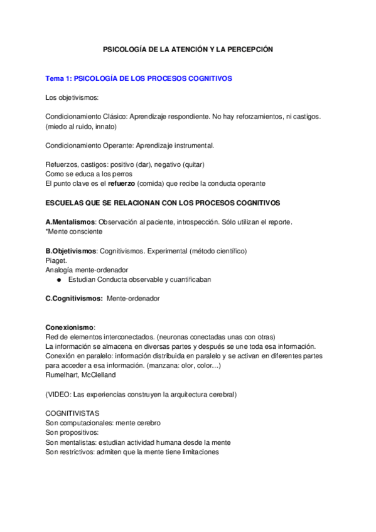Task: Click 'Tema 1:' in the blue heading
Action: (x=58, y=79)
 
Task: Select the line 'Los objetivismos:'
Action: (x=72, y=98)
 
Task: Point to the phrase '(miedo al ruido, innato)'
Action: (x=81, y=126)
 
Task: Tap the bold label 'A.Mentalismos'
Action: (x=70, y=222)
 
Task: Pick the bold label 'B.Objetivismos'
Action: (x=71, y=251)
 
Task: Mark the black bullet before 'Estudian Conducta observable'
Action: (x=58, y=279)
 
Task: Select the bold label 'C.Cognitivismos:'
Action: (x=74, y=299)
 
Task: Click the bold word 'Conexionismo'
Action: (x=70, y=327)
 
